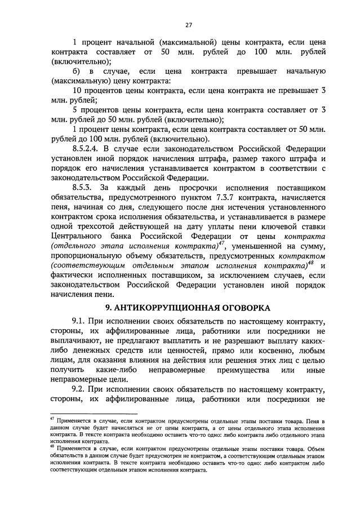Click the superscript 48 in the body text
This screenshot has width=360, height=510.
[x=310, y=264]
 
